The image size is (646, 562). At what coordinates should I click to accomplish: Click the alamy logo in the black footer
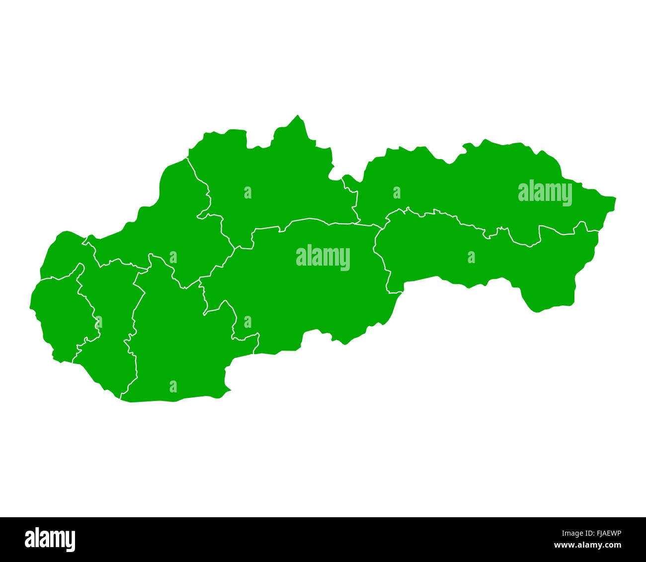pos(50,540)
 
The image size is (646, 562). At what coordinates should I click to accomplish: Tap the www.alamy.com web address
pos(588,545)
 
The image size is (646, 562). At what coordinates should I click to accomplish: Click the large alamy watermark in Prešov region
pos(545,192)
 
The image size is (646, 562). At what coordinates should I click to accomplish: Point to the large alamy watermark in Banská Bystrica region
pos(323,257)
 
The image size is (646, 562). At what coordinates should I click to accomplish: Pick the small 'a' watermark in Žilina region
pos(247,192)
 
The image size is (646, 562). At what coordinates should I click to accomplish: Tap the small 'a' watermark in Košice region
pos(471,257)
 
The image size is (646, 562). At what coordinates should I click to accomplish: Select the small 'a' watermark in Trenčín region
pos(173,257)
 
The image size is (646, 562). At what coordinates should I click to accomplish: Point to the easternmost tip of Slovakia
pos(615,199)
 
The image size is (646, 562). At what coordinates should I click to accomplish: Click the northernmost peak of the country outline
pos(298,115)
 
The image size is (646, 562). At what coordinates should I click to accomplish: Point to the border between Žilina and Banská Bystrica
pos(308,219)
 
